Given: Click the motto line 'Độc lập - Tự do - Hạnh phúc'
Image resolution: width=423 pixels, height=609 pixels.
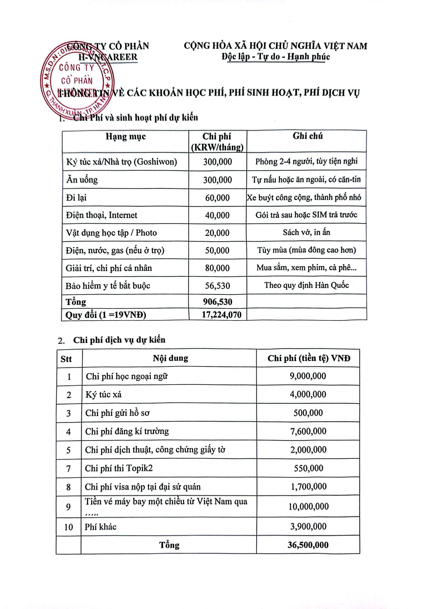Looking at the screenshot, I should coord(276,57).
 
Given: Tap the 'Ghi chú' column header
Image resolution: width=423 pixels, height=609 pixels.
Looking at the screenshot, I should coord(307,136).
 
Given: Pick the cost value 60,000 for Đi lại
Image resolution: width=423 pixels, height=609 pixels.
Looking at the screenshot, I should coord(217,198).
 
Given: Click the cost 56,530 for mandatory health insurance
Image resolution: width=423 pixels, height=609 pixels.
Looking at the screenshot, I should coord(217,285).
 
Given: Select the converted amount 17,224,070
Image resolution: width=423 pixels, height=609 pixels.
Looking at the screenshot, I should coord(222,315).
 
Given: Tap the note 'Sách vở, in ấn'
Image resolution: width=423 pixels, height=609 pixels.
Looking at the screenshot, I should coord(306,232).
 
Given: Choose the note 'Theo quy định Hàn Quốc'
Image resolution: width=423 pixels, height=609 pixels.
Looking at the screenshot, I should coord(306,285).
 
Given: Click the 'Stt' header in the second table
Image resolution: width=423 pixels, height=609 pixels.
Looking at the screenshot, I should coord(66,359).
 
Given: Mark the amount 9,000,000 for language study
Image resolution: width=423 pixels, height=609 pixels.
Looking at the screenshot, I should coord(308,376).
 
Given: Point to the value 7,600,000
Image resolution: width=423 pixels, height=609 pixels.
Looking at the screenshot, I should coord(308,431).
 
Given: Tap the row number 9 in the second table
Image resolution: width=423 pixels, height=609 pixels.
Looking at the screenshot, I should coord(68,507).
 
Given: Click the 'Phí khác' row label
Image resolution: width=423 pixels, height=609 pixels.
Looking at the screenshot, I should coord(101,527).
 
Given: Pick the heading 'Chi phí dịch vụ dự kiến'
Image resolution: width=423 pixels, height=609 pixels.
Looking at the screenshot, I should coord(119,340).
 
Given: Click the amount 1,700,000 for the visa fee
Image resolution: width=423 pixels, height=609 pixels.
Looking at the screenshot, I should coord(308,486).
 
